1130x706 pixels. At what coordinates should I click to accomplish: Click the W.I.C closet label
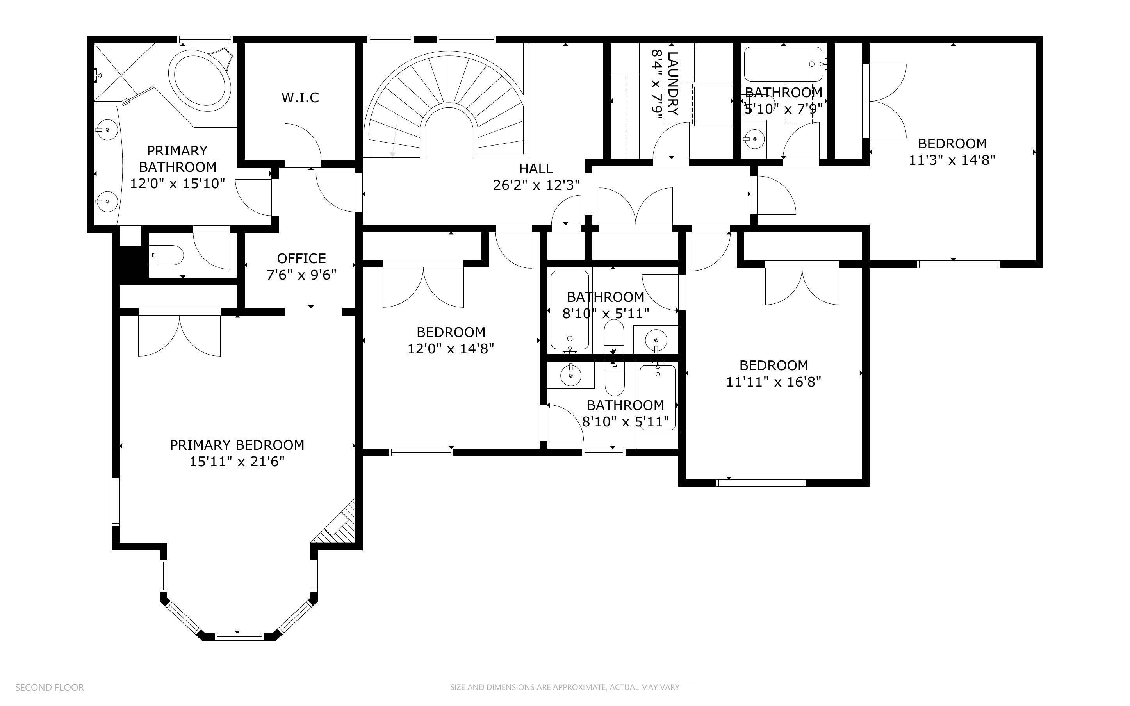300,98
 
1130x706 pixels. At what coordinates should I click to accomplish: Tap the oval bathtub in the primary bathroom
200,81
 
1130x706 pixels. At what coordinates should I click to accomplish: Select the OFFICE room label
301,258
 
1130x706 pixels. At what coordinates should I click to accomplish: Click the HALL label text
536,169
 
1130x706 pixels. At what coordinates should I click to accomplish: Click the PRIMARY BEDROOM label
237,445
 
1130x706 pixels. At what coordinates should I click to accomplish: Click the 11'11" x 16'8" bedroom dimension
774,382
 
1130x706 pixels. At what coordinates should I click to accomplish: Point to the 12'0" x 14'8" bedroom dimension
451,349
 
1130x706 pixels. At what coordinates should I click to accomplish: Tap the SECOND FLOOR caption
50,687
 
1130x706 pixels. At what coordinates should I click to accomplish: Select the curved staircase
446,105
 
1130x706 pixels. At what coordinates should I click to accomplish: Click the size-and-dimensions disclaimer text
565,687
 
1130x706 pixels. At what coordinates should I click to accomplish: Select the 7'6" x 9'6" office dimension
301,275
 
